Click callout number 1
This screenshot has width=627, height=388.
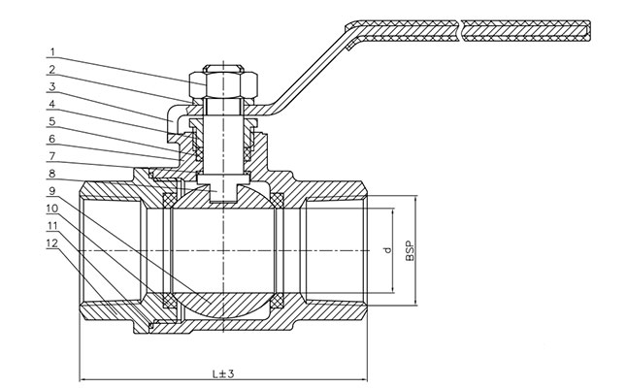point(53,51)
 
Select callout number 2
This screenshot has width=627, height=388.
point(53,69)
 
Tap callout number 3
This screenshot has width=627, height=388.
point(53,86)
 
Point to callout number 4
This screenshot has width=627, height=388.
point(53,104)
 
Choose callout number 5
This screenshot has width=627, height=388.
point(53,121)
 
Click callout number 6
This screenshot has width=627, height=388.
point(53,139)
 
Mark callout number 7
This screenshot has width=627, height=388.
point(53,156)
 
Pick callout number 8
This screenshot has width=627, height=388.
point(53,174)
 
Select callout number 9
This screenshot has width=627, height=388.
point(53,191)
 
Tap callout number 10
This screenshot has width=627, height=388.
point(53,209)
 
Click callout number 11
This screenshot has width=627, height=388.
point(53,226)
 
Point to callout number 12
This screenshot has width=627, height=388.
point(53,243)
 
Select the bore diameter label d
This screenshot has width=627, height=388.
point(385,252)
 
